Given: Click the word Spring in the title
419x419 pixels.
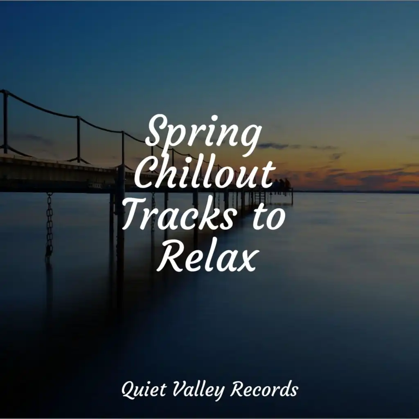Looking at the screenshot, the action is click(203, 136).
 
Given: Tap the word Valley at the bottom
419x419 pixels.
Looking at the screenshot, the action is click(198, 390).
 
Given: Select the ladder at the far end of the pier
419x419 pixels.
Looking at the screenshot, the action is click(258, 198).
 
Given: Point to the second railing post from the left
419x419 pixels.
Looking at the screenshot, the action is click(78, 139).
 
